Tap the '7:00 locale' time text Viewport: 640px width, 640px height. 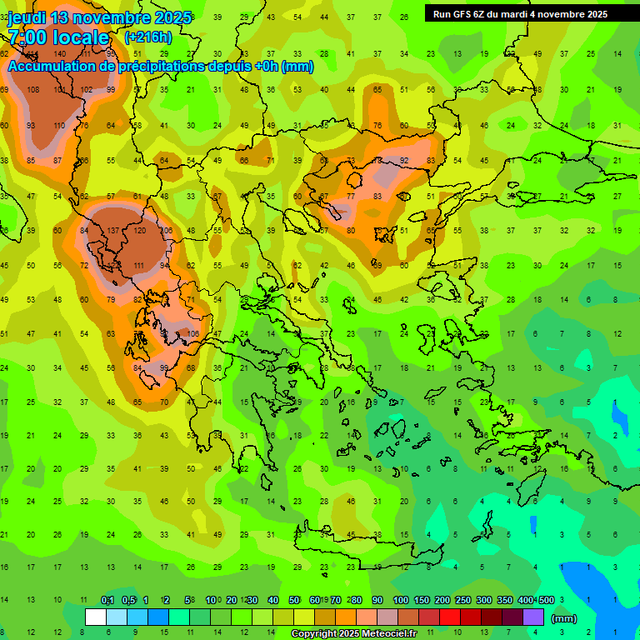58,37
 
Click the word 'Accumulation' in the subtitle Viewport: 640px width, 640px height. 52,67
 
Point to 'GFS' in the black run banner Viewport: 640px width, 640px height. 463,14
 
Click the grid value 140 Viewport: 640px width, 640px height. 59,53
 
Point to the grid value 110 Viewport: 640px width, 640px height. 59,125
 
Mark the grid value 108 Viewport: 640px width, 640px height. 33,90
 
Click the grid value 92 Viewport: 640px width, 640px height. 404,161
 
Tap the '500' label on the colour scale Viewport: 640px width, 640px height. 546,600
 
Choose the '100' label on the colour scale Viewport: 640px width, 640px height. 401,600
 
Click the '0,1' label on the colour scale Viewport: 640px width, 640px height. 107,600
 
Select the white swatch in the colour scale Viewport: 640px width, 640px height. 96,617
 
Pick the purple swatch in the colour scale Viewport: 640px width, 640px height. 533,617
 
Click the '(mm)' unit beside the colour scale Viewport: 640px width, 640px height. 564,618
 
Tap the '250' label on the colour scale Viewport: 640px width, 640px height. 462,600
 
